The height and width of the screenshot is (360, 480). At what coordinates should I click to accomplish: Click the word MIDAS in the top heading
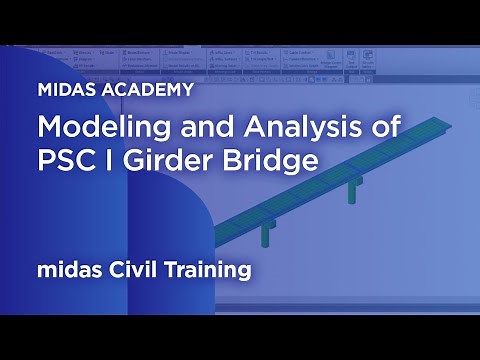point(66,89)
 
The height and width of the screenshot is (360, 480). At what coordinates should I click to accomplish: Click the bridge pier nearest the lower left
point(266,235)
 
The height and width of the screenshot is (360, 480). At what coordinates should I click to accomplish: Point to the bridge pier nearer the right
point(354,191)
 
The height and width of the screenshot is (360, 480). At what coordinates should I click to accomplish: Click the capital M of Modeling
point(49,128)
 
